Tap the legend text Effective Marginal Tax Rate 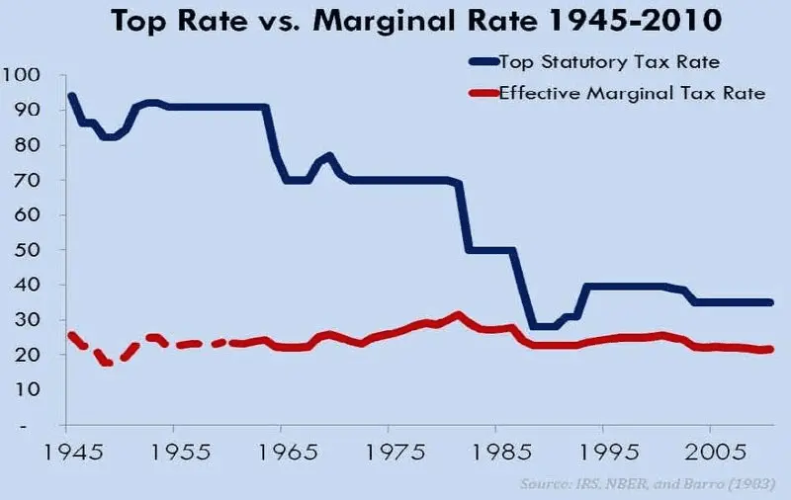[630, 95]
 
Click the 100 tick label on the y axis [22, 75]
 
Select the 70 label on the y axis [27, 181]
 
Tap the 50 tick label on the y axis [27, 250]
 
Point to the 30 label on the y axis [27, 320]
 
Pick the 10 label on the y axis [27, 389]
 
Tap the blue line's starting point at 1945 [70, 96]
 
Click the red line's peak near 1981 [457, 315]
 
